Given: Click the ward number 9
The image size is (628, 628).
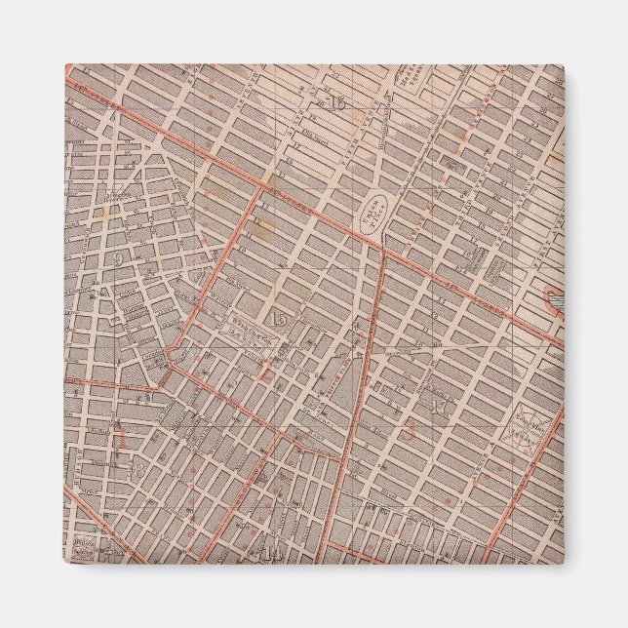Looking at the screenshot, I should pos(119,258).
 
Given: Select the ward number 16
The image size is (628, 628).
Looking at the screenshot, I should pos(338,103).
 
